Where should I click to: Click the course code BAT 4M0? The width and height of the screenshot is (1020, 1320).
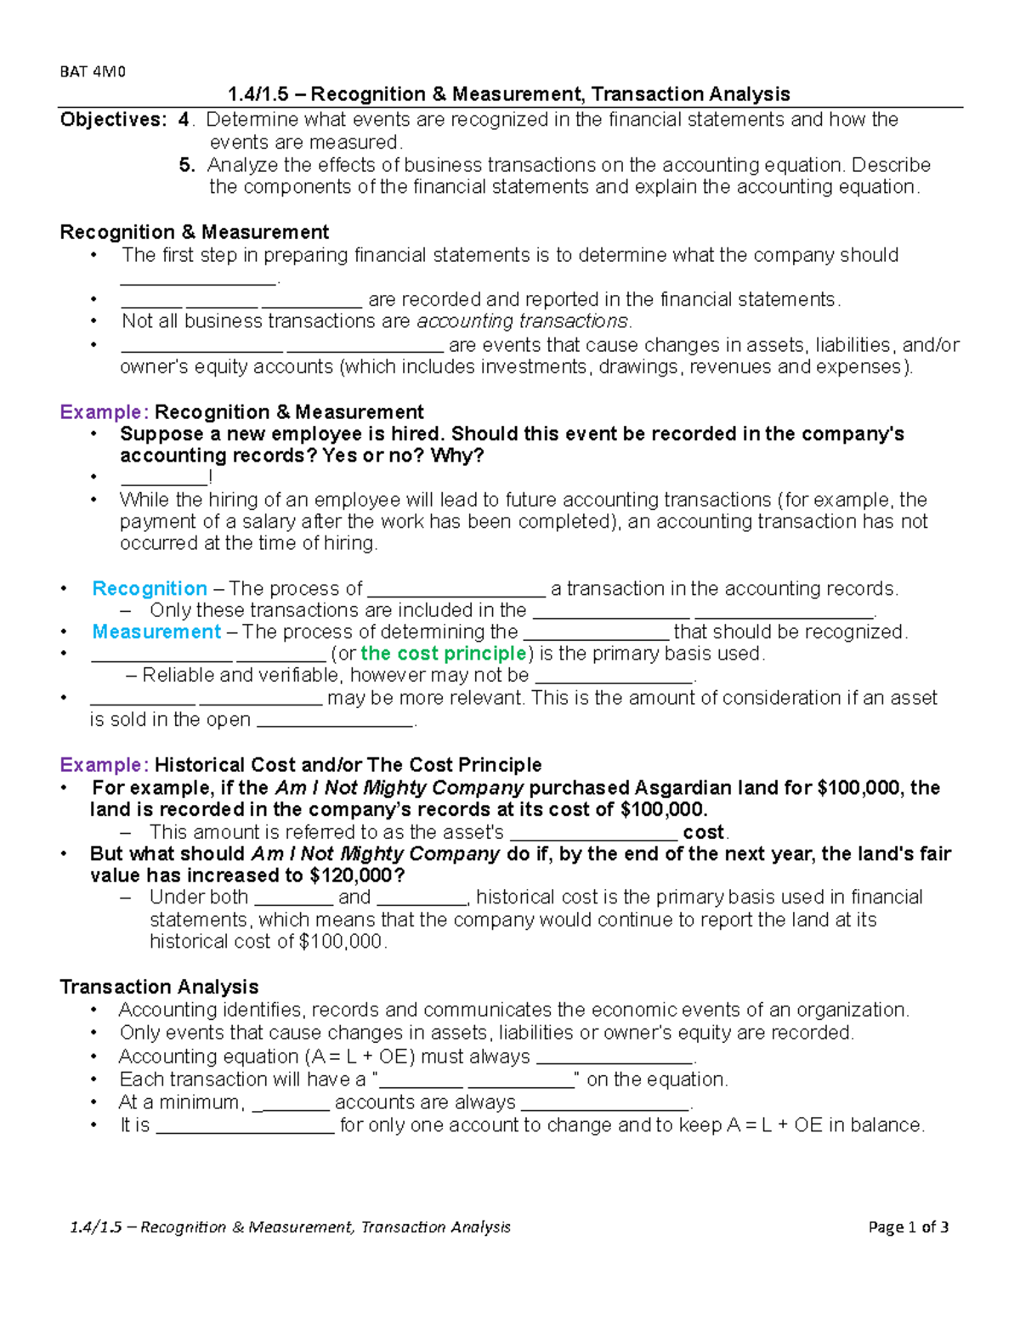click(93, 72)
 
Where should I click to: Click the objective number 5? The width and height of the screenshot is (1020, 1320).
click(187, 165)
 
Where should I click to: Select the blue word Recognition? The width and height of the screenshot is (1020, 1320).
click(150, 588)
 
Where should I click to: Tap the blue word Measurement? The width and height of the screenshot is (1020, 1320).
click(156, 632)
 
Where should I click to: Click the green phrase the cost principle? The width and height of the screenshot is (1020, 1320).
click(444, 654)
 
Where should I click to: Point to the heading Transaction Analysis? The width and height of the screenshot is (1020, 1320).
click(159, 987)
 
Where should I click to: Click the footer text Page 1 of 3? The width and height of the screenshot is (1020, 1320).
click(908, 1227)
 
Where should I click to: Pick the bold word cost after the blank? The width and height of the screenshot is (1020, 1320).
click(704, 832)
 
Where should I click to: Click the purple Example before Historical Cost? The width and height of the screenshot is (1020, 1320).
click(104, 765)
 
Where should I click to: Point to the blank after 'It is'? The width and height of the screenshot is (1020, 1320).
click(246, 1127)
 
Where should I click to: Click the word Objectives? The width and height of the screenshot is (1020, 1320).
click(113, 120)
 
